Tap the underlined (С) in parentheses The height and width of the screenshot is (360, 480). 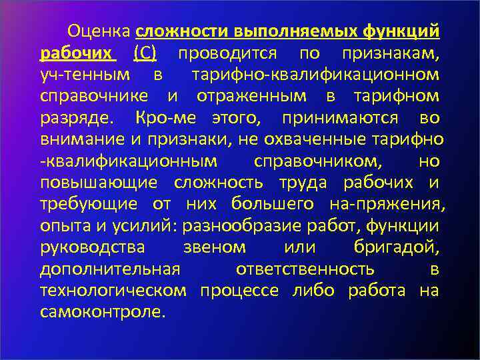[x=145, y=53]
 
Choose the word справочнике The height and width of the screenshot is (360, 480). [x=94, y=97]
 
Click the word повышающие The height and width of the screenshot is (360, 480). [x=99, y=183]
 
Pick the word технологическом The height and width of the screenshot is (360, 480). [x=113, y=291]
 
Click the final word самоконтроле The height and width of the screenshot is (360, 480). [x=101, y=312]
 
